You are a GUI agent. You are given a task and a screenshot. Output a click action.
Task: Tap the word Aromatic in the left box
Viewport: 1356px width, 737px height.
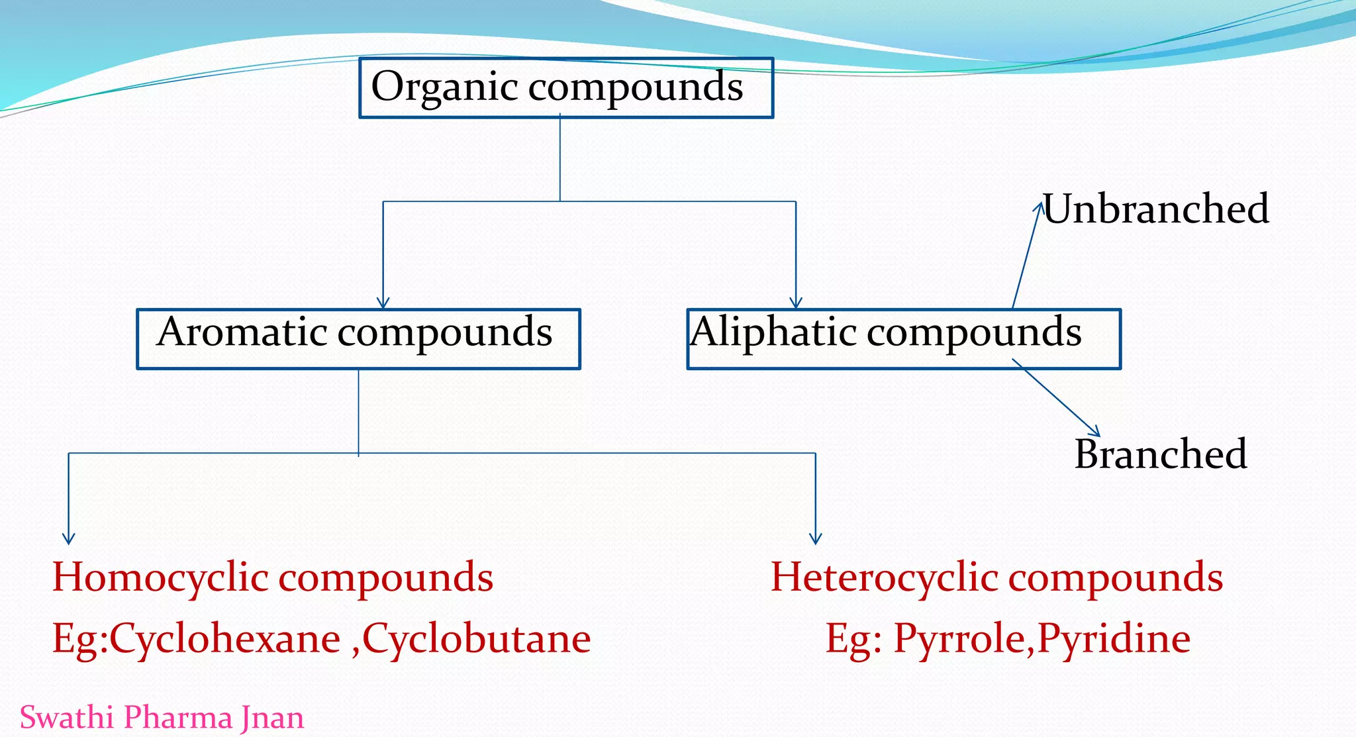242,332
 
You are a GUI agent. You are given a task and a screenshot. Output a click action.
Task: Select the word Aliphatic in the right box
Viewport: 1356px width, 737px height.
773,332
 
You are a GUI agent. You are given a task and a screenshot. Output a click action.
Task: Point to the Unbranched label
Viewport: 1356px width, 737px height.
1156,209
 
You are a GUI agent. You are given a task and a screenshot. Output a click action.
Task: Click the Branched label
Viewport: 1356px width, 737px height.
1161,454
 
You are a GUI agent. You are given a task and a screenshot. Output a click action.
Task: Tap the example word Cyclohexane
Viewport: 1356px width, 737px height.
224,640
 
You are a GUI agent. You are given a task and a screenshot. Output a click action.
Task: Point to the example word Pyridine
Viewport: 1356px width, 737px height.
1114,640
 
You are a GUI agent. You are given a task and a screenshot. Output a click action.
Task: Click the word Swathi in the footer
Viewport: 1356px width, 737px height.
68,717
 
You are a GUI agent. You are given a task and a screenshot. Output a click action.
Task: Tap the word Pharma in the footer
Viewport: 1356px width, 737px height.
177,717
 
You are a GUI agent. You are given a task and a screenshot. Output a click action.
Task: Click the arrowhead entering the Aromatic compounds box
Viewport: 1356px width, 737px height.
383,304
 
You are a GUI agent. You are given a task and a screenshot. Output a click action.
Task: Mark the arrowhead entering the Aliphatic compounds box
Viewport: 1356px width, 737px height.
796,304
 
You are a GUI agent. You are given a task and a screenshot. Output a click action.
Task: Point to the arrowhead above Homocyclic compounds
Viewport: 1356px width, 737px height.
69,539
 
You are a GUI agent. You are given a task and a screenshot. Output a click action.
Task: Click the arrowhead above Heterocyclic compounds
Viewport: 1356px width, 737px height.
816,539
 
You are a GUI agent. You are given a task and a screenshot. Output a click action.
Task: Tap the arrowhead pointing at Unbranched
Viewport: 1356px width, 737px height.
1038,207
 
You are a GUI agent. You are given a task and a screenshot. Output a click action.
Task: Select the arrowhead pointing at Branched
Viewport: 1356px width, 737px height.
1095,432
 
